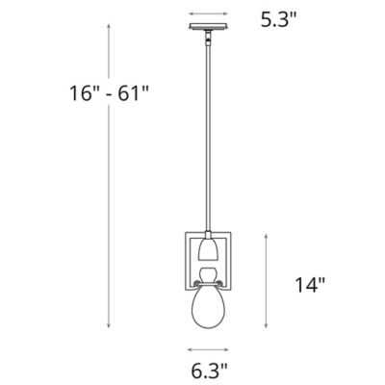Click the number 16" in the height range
click(84, 93)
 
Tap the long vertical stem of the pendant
click(208, 144)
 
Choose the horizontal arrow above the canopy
click(208, 14)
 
